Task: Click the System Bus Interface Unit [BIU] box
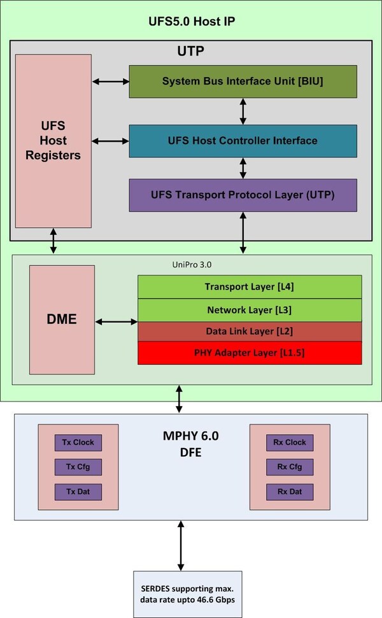tap(243, 81)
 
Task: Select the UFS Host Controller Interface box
tap(243, 141)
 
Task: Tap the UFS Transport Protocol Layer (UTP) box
tap(243, 195)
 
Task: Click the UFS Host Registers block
tap(53, 141)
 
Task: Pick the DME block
tap(62, 319)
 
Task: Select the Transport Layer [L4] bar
tap(250, 286)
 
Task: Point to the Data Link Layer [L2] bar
tap(250, 331)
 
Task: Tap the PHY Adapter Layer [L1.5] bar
tap(250, 352)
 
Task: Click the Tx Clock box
tap(78, 442)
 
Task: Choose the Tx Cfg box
tap(78, 467)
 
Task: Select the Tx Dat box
tap(78, 491)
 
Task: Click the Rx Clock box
tap(290, 442)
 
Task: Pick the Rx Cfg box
tap(290, 467)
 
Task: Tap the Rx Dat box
tap(290, 491)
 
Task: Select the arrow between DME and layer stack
tap(117, 322)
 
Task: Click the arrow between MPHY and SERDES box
tap(181, 545)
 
